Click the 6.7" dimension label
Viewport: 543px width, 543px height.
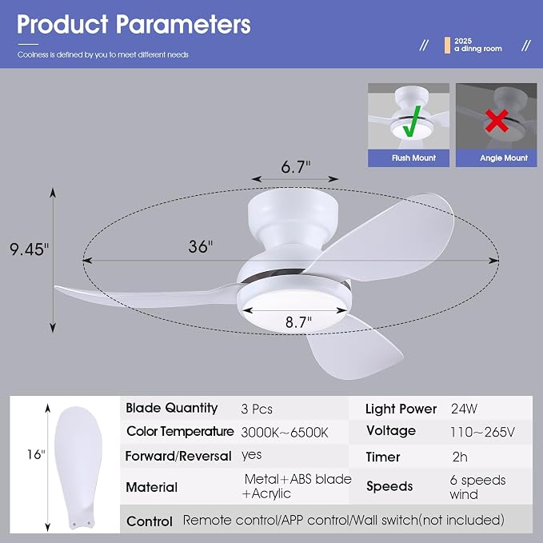click(296, 167)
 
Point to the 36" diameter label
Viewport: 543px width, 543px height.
click(201, 246)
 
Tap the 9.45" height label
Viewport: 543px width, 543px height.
click(30, 249)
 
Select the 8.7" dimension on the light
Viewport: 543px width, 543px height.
click(298, 322)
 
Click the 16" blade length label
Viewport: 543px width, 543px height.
click(36, 455)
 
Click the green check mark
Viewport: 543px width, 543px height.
click(412, 122)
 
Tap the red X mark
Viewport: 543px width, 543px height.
click(497, 121)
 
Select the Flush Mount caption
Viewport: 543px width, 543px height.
click(413, 158)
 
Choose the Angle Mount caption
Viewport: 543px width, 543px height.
click(504, 158)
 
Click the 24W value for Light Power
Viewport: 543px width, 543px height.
click(464, 409)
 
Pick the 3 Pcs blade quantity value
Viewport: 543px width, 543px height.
click(257, 409)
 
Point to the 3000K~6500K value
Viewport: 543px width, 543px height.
click(285, 433)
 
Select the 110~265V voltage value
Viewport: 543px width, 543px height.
click(482, 432)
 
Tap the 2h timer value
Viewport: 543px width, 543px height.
click(460, 457)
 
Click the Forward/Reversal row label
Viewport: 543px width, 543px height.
click(178, 456)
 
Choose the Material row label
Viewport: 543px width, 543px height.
click(152, 487)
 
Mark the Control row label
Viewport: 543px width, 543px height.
click(150, 521)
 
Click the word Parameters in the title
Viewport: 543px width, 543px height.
click(183, 24)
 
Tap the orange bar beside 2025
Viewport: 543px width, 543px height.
click(447, 46)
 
